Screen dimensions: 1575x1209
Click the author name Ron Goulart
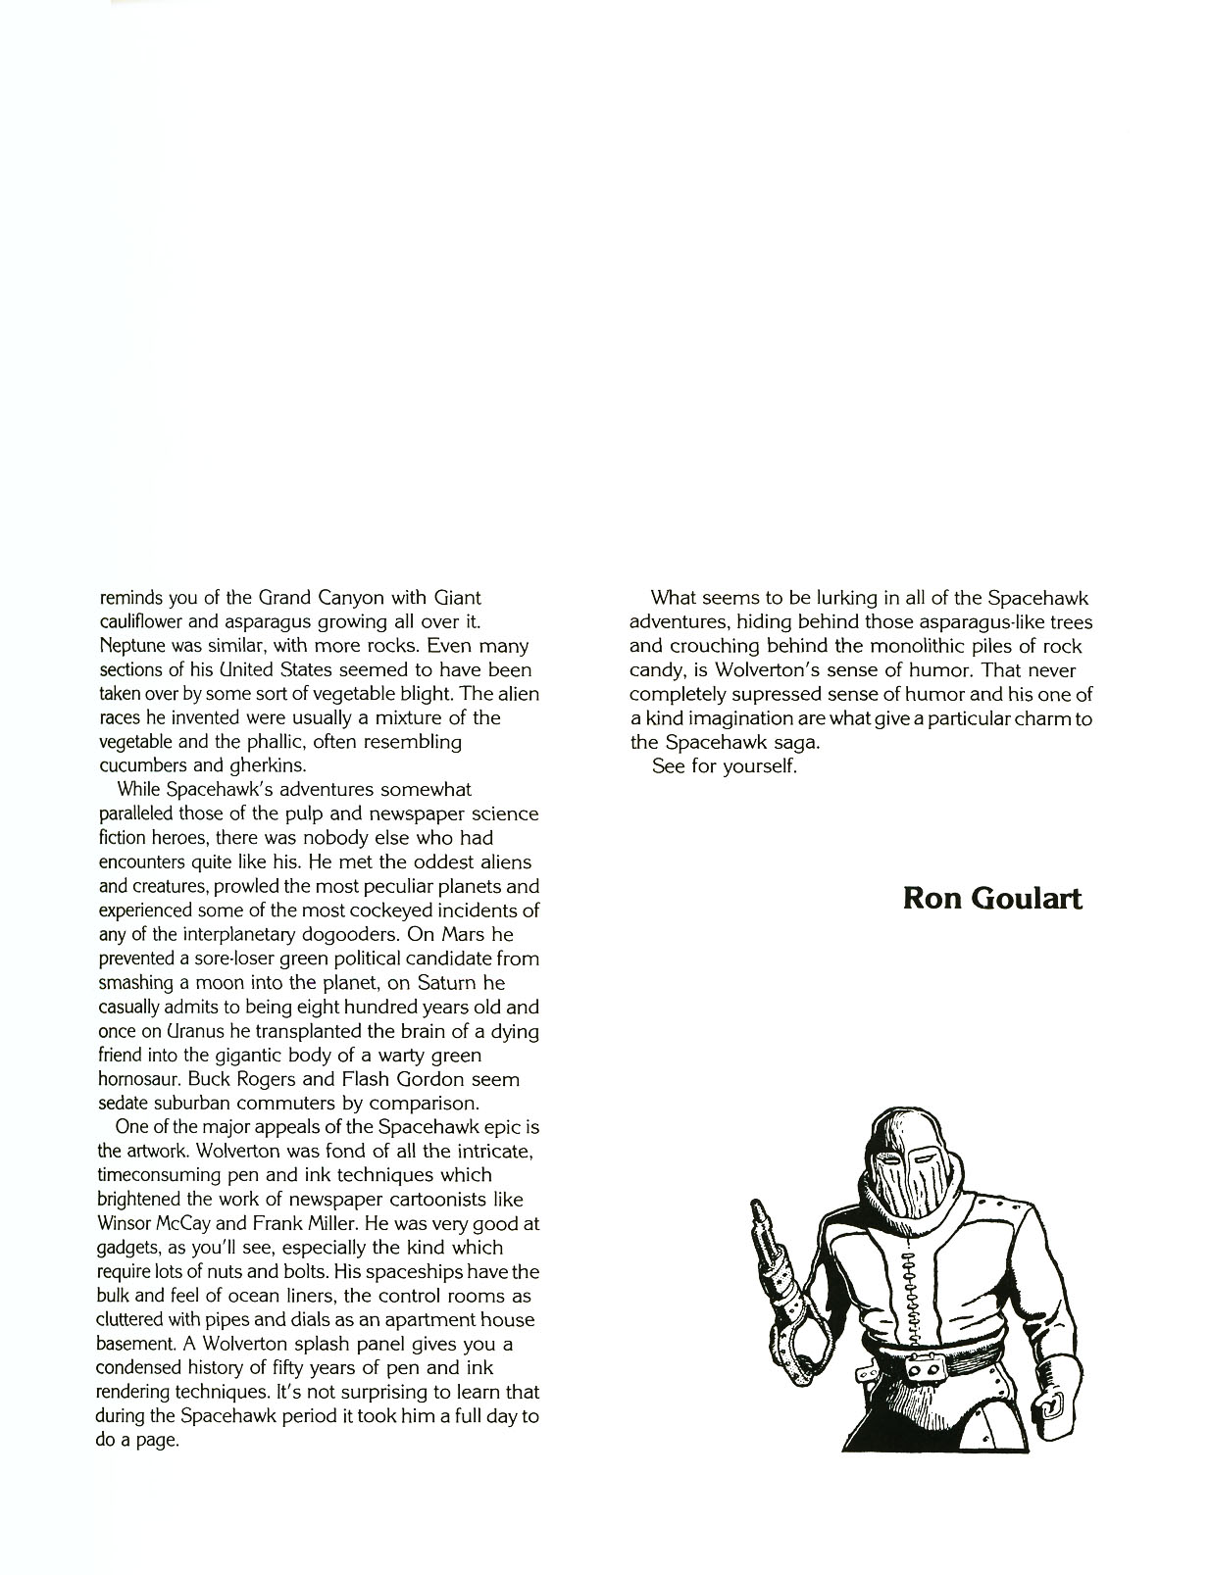coord(992,899)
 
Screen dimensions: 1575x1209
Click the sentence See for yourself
coord(725,765)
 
